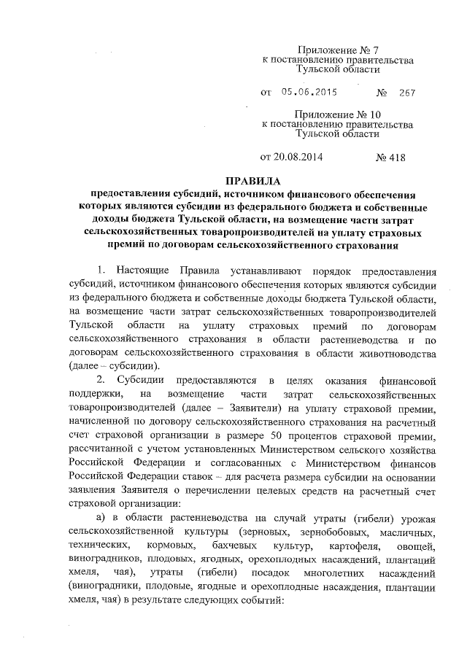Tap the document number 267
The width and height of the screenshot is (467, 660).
(x=406, y=93)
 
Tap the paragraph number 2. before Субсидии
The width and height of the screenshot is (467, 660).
(x=101, y=380)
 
